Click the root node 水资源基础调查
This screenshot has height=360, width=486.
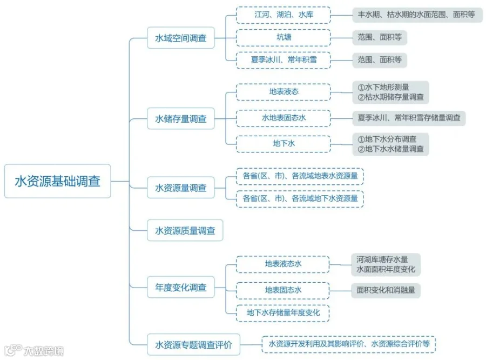(57, 181)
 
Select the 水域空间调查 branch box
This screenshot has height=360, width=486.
(181, 38)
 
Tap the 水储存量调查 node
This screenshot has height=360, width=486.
(181, 118)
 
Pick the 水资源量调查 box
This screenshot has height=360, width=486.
(181, 188)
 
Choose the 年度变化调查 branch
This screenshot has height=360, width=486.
(181, 288)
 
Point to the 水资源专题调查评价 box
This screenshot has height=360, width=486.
(193, 344)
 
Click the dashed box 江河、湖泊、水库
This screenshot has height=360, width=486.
(283, 15)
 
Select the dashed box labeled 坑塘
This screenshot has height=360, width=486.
(283, 37)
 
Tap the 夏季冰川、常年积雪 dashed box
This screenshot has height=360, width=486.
(283, 60)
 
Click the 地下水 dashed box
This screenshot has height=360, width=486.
(283, 144)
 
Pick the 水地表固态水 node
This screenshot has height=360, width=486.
(283, 117)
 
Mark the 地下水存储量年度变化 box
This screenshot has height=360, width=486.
(283, 312)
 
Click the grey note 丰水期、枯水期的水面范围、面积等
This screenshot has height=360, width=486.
(416, 15)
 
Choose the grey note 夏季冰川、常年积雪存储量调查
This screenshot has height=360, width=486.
(409, 117)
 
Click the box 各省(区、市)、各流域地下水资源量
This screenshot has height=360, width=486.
(300, 198)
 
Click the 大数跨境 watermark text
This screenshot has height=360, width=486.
(43, 351)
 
